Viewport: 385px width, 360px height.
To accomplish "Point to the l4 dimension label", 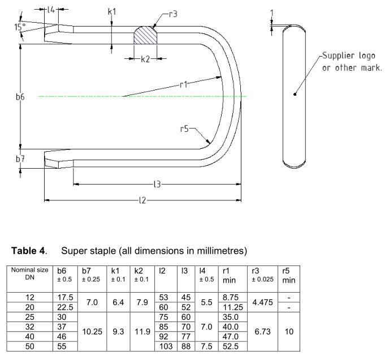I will pyautogui.click(x=51, y=10).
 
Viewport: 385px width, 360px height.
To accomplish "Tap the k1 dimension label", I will pyautogui.click(x=112, y=11).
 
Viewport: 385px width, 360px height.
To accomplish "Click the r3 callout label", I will pyautogui.click(x=173, y=13).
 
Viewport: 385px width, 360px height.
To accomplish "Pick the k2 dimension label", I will pyautogui.click(x=145, y=58).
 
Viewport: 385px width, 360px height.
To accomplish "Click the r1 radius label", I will pyautogui.click(x=183, y=84).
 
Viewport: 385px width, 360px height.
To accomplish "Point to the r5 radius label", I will pyautogui.click(x=185, y=128).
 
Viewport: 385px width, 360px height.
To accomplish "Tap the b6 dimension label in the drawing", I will pyautogui.click(x=20, y=97).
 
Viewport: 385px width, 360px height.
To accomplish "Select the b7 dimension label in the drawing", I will pyautogui.click(x=20, y=159).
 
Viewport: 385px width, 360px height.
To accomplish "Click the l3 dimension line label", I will pyautogui.click(x=158, y=184).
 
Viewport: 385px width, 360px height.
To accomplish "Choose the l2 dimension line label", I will pyautogui.click(x=144, y=200).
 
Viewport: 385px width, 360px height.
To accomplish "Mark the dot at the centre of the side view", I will pyautogui.click(x=295, y=94).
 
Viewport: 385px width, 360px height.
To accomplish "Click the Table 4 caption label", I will pyautogui.click(x=28, y=250).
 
